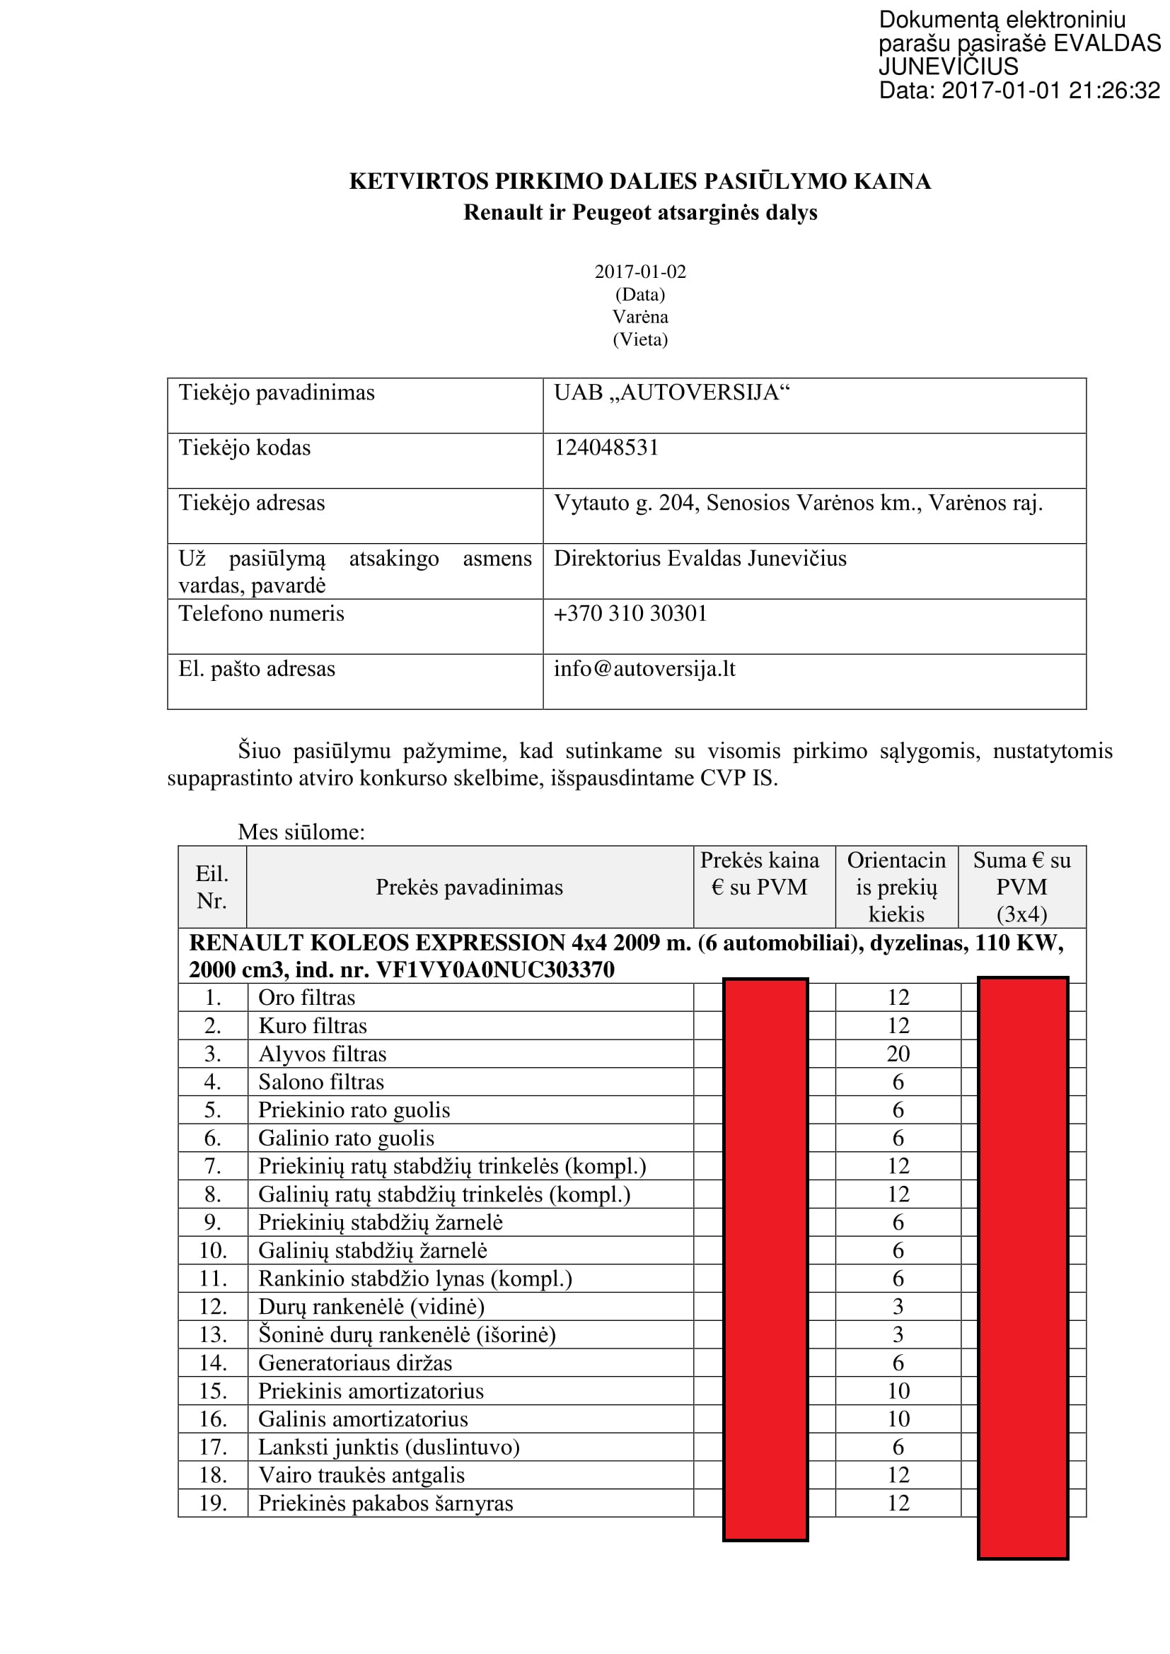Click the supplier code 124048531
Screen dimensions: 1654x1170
coord(606,448)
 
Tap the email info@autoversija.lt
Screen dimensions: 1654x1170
coord(644,668)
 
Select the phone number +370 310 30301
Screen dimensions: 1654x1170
coord(630,613)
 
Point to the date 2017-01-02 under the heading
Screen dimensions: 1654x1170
coord(639,272)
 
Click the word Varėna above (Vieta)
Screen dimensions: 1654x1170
coord(639,317)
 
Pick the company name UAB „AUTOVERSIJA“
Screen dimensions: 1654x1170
coord(671,392)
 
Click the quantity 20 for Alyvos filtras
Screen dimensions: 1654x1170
coord(898,1054)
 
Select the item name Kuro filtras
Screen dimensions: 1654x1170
coord(313,1026)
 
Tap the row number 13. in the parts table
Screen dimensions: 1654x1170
coord(212,1335)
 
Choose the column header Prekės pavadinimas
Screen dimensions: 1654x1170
coord(469,887)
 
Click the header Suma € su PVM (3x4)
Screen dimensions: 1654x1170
coord(1021,887)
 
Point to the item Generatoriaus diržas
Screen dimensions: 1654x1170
coord(355,1363)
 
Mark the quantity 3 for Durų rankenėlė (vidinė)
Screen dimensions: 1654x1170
coord(898,1307)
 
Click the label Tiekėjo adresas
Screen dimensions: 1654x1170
coord(251,503)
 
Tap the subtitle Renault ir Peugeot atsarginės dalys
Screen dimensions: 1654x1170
coord(639,213)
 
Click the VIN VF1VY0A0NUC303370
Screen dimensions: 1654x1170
coord(496,969)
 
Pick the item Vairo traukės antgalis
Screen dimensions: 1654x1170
coord(361,1475)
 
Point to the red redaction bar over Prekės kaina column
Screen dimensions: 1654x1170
coord(765,1261)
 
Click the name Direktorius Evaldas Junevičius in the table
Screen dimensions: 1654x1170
coord(700,559)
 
